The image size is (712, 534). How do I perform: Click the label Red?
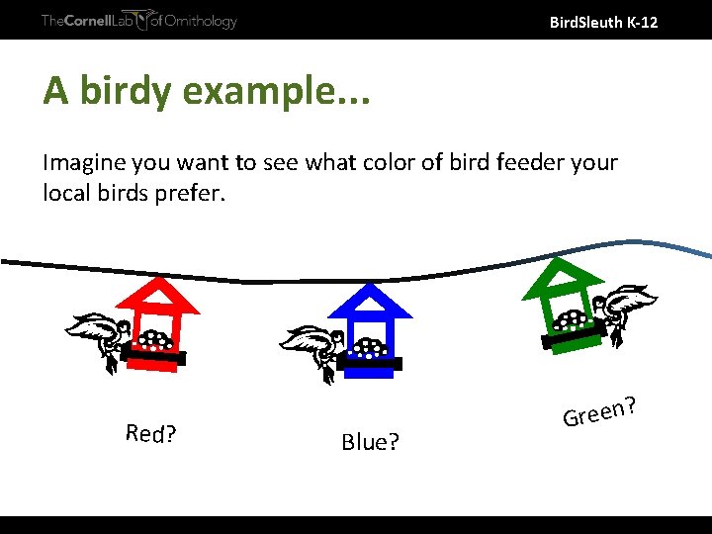click(x=151, y=433)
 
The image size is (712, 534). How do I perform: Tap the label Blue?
click(x=370, y=442)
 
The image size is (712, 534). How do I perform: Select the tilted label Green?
click(x=598, y=411)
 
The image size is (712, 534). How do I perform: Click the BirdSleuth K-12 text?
click(x=602, y=21)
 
